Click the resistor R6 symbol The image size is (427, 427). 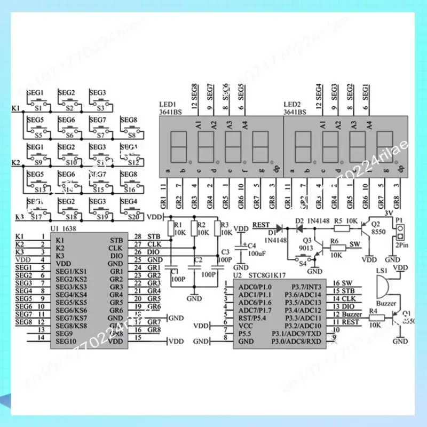pyautogui.click(x=335, y=249)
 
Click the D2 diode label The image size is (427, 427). pyautogui.click(x=299, y=220)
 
